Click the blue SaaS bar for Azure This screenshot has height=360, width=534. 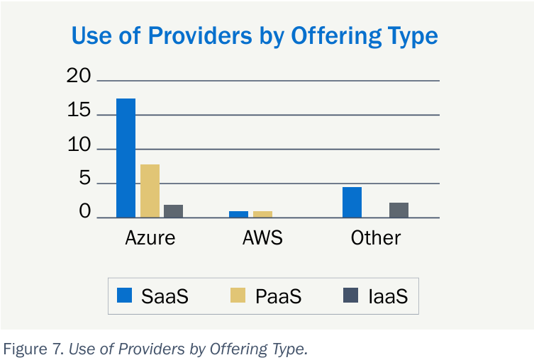coord(126,158)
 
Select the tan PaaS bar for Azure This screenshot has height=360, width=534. coord(150,191)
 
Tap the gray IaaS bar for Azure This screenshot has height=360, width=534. coord(174,211)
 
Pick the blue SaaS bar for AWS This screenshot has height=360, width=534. coord(239,214)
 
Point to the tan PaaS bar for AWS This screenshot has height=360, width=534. coord(262,214)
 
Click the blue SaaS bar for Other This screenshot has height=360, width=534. coord(352,203)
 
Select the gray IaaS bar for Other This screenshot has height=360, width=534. coord(399,210)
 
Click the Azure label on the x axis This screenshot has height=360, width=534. coord(150,237)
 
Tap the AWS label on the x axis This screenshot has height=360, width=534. coord(262,237)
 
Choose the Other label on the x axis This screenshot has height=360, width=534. coord(376,237)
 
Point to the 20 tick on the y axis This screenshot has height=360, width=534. coord(79,77)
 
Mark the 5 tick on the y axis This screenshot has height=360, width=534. coord(85,180)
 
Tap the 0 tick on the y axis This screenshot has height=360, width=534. coord(85,213)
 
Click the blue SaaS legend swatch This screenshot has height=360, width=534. coord(126,296)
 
